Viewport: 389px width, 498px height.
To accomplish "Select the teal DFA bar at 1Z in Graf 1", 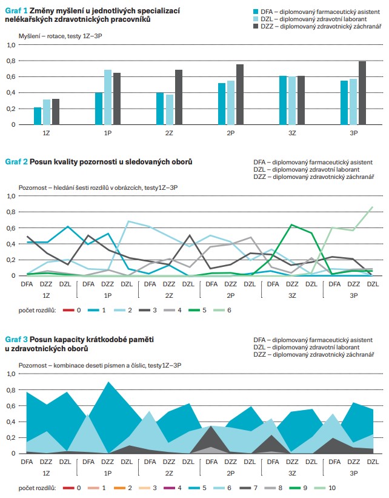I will pos(38,116).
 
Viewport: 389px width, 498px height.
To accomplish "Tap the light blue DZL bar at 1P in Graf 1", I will pos(108,97).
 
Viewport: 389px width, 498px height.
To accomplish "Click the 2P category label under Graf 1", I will pos(231,132).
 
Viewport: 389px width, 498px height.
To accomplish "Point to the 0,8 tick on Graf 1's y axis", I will pos(10,61).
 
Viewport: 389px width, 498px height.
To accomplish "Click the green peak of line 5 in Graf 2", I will pos(292,225).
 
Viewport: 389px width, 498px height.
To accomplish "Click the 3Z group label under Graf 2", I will pos(292,295).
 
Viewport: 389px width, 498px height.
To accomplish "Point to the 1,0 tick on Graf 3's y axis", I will pos(10,374).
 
